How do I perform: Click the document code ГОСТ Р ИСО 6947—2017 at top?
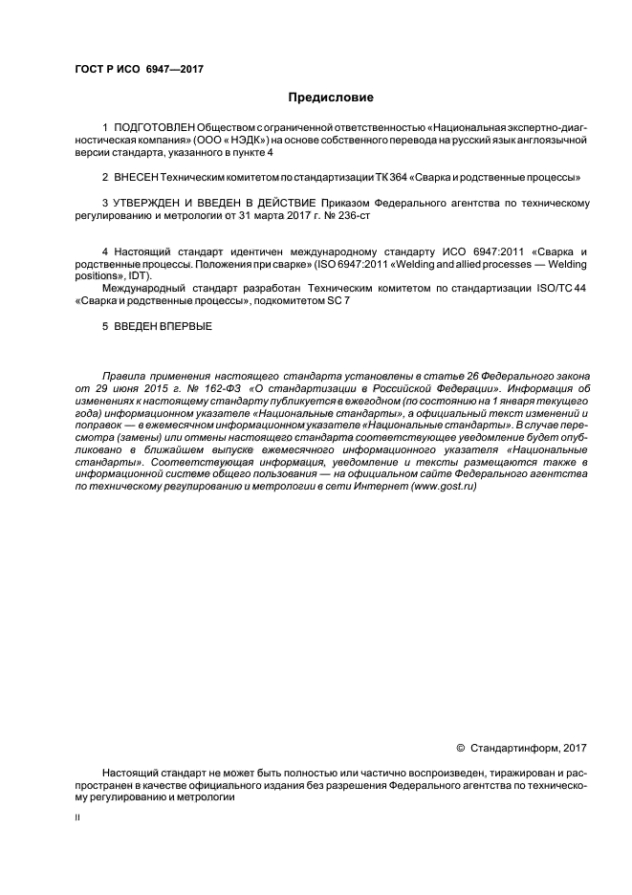point(138,69)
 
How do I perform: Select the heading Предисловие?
point(332,98)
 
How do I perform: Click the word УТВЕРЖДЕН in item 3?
point(150,204)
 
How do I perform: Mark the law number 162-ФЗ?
point(200,390)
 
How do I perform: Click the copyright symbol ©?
point(461,748)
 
